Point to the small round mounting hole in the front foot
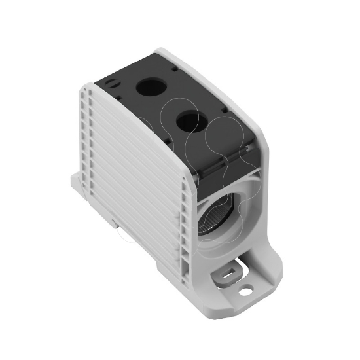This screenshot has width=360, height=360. (x=246, y=286)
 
